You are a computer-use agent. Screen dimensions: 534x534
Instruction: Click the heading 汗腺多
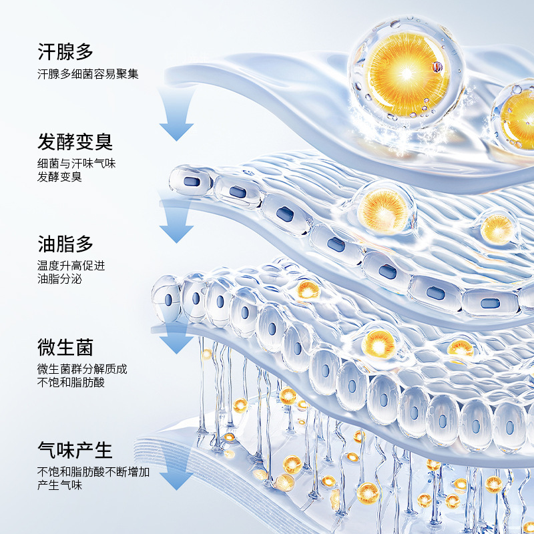coord(66,51)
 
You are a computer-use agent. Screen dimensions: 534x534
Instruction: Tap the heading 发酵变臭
coord(75,142)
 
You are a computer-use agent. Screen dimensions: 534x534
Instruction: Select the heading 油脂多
coord(66,244)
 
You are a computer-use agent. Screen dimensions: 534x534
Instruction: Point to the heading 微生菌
coord(66,347)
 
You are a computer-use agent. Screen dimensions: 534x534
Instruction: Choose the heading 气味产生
coord(75,449)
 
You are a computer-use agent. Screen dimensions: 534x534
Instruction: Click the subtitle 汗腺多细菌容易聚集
coord(88,74)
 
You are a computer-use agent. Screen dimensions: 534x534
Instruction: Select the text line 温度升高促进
coord(71,266)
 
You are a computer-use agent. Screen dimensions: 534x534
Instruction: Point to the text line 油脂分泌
coord(59,280)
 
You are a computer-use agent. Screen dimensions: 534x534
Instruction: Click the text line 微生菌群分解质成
coord(82,369)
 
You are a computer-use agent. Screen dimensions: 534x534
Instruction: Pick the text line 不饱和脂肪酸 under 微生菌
coord(71,383)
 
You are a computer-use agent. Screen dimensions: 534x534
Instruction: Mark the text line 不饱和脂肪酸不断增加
coord(93,472)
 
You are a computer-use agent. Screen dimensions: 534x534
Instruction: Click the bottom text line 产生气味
coord(60,486)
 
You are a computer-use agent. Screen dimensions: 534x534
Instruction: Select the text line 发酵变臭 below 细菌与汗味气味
coord(60,178)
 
